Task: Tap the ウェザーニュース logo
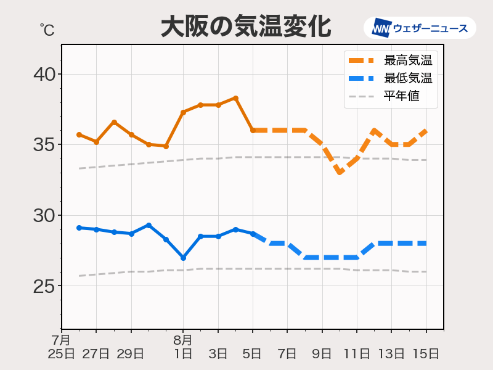pos(420,28)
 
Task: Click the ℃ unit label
pos(46,28)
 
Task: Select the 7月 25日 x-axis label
pos(62,347)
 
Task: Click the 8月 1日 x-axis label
pos(183,347)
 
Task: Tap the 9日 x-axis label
pos(322,353)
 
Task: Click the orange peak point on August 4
pos(235,98)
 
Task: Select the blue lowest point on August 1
pos(183,258)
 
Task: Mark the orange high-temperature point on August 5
pos(253,130)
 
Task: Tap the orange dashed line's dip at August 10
pos(340,173)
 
